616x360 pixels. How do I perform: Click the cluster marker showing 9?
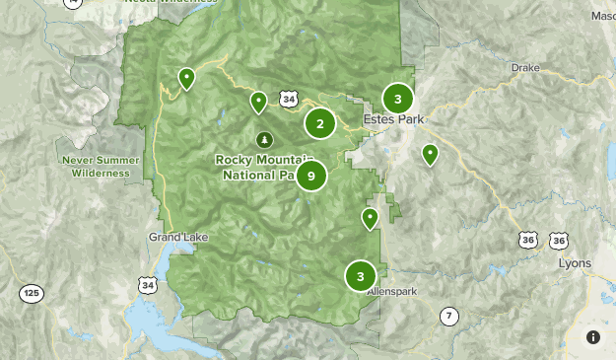coord(310,176)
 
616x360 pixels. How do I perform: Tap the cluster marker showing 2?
coord(319,123)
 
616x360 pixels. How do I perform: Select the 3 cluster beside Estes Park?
coord(397,99)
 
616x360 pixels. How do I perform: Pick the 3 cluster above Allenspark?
coord(360,276)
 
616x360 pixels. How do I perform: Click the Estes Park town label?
coord(392,119)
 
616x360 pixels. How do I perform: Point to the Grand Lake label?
coord(174,237)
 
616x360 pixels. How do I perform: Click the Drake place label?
coord(525,68)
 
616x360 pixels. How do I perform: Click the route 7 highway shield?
coord(449,316)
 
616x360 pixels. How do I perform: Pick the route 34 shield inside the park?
coord(287,99)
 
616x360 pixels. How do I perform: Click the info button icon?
coord(592,337)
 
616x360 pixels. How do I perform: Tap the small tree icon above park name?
coord(263,139)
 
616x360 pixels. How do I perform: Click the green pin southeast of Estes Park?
coord(430,154)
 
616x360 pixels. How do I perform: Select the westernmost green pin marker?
coord(185,77)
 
